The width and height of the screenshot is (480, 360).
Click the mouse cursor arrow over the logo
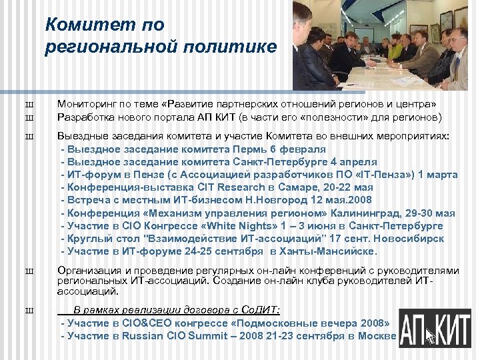pyautogui.click(x=430, y=335)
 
